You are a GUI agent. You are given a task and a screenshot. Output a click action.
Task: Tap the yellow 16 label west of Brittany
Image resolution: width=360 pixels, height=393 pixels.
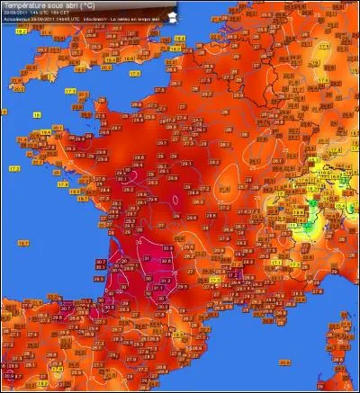click(x=39, y=115)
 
